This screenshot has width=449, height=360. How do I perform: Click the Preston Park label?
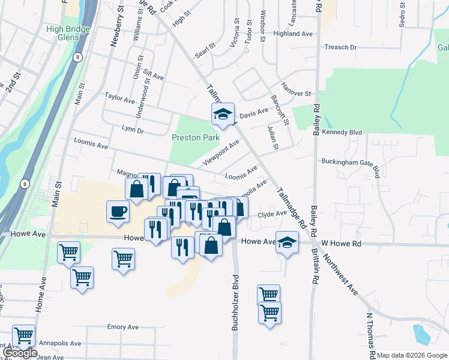[196, 137]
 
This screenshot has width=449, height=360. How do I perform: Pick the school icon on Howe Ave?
[287, 242]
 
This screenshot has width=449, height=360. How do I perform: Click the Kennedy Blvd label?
[342, 132]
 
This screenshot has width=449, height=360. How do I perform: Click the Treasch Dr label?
[340, 47]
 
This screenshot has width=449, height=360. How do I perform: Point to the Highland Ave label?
[294, 34]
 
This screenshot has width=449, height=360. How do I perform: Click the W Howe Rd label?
[342, 244]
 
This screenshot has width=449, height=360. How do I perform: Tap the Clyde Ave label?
[273, 214]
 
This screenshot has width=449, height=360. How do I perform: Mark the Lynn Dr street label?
[133, 130]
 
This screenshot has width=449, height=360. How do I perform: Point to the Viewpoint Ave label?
[221, 152]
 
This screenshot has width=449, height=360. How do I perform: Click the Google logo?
[19, 353]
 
